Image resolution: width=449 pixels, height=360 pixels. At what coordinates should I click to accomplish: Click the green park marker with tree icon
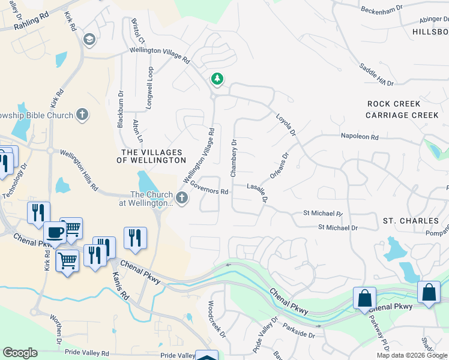[217, 79]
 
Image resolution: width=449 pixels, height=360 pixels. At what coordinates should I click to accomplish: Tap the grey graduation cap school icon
[89, 40]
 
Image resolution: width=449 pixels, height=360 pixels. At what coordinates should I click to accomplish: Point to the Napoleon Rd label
[360, 137]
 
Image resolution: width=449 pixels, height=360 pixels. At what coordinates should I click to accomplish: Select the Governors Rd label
[209, 188]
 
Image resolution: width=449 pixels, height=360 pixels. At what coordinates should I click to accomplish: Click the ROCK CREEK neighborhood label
[394, 104]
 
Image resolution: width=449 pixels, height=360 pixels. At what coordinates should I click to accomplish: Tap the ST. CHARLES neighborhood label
[406, 221]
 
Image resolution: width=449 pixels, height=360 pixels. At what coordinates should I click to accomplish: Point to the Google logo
[20, 353]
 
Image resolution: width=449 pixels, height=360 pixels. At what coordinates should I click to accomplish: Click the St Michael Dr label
[337, 227]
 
